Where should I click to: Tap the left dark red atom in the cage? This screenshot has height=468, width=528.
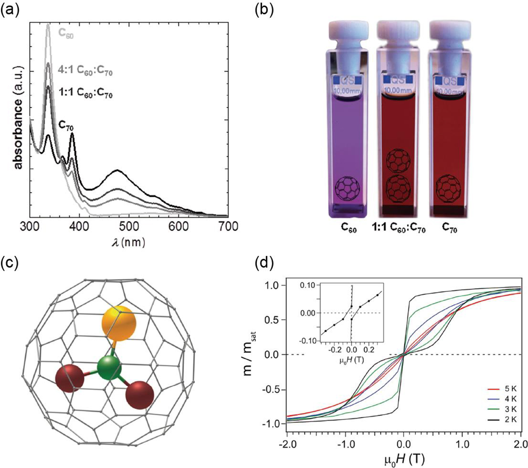pos(69,379)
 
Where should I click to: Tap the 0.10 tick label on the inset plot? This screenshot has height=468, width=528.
pos(308,285)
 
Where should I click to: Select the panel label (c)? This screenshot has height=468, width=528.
pos(9,263)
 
